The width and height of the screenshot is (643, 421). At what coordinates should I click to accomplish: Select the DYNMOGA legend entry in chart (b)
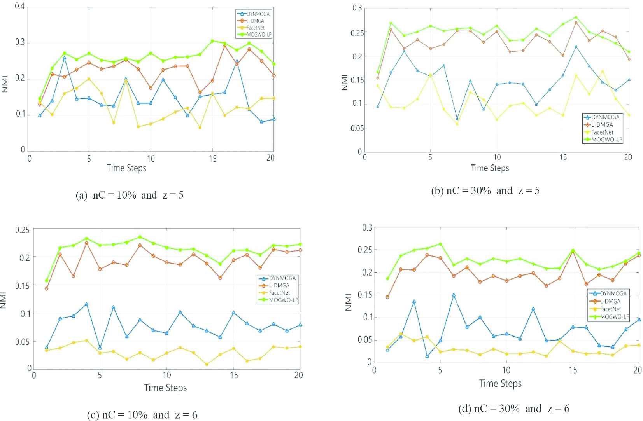605,117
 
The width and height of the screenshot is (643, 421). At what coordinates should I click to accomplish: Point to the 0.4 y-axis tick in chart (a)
20,7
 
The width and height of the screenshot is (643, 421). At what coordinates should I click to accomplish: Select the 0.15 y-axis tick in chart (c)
22,285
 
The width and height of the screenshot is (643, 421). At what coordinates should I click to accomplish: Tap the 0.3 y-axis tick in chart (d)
367,227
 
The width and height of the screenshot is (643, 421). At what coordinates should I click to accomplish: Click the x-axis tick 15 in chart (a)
212,158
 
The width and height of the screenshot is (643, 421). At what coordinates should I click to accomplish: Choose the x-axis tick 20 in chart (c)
299,375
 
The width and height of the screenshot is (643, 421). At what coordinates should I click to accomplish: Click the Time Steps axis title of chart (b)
490,168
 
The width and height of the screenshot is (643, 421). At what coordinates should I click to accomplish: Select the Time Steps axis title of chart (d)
500,384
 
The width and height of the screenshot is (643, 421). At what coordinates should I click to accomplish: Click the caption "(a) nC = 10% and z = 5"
129,195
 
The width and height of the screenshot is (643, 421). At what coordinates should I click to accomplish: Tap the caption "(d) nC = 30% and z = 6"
514,409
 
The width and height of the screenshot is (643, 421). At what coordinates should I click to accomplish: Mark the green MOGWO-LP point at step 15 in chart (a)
212,41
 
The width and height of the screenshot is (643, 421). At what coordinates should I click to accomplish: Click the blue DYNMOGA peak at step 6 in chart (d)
454,295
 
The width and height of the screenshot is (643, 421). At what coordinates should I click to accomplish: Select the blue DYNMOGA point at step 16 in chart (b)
576,47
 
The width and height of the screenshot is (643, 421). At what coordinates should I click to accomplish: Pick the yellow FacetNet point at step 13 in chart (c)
207,364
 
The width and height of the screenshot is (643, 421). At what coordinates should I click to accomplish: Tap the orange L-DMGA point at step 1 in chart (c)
47,288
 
